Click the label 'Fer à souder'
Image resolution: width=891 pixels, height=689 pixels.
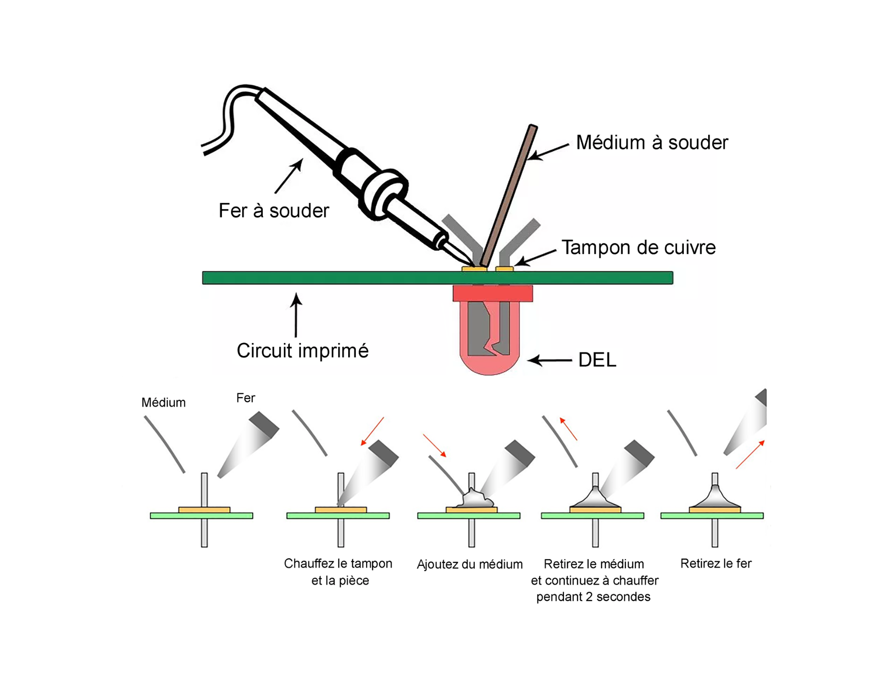click(x=274, y=211)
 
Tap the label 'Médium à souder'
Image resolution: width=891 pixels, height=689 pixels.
click(x=652, y=142)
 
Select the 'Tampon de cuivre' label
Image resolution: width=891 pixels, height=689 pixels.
click(x=638, y=248)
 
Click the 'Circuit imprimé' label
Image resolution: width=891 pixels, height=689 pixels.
click(x=302, y=351)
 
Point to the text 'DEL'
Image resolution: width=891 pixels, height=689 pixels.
click(x=597, y=360)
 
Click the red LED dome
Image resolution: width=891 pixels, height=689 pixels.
click(x=489, y=363)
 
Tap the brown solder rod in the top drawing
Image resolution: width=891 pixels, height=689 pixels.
click(x=510, y=193)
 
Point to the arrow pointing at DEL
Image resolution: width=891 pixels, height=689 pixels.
click(x=549, y=361)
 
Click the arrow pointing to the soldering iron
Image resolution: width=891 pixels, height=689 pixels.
click(x=288, y=176)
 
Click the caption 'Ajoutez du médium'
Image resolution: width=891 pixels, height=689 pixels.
click(x=469, y=564)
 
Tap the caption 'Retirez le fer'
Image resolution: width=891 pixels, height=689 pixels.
click(x=716, y=564)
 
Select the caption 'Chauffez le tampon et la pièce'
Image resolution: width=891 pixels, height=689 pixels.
click(x=338, y=572)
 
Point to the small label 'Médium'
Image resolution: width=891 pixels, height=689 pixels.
click(x=164, y=403)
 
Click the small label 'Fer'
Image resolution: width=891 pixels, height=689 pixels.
click(x=246, y=398)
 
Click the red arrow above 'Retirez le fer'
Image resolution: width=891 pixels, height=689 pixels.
click(x=750, y=454)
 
